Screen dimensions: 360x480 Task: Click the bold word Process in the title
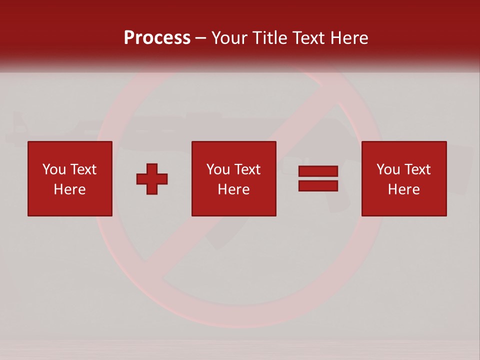point(157,38)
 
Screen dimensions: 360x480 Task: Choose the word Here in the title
point(350,38)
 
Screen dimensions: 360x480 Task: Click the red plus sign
point(152,179)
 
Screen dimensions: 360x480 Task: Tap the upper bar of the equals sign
point(318,171)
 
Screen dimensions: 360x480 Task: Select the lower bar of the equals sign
point(318,186)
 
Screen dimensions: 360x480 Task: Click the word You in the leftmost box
point(54,169)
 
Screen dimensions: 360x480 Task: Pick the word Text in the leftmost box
point(82,169)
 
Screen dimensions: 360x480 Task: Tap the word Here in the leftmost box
point(69,189)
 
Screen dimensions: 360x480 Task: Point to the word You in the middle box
point(218,169)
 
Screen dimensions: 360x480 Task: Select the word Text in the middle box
point(247,169)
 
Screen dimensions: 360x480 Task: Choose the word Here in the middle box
point(233,189)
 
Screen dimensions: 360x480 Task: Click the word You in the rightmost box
point(388,169)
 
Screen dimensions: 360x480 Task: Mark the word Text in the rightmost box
point(417,169)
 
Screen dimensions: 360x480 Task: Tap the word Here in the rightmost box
point(403,189)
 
